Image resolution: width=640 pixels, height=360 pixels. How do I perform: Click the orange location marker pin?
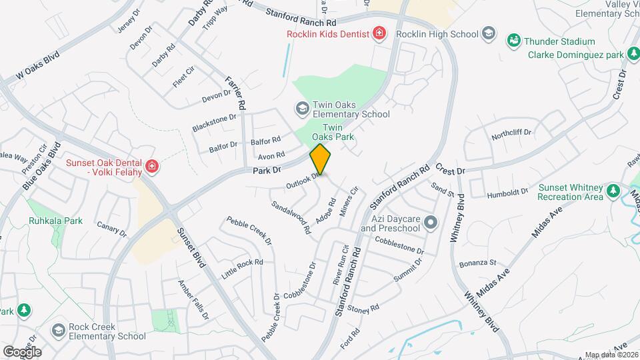(320, 159)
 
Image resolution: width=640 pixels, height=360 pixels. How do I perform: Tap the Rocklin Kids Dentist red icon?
(379, 33)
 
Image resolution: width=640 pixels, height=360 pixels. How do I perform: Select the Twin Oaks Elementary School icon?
(302, 108)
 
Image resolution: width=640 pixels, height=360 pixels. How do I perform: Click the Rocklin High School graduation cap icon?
(489, 33)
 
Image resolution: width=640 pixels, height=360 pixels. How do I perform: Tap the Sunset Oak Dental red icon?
(152, 166)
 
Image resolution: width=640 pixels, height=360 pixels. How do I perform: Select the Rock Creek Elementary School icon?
(58, 331)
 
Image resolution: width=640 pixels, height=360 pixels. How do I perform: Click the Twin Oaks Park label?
(337, 132)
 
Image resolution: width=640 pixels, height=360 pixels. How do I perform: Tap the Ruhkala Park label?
(55, 221)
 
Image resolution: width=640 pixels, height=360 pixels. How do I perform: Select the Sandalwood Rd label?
(291, 217)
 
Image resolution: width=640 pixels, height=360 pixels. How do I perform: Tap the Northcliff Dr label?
(511, 133)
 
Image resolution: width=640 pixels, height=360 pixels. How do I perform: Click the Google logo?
(22, 351)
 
